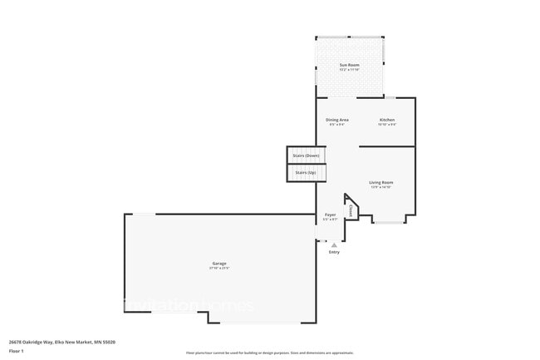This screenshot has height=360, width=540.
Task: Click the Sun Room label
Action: (x=350, y=65)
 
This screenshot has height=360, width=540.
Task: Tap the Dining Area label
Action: (x=337, y=120)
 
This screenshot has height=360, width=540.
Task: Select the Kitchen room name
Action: (x=387, y=120)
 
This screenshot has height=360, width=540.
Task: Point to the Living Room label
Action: (x=381, y=182)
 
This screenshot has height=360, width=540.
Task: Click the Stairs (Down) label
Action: (x=306, y=155)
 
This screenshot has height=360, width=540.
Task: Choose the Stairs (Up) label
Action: (x=306, y=172)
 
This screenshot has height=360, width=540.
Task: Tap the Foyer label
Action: (x=331, y=215)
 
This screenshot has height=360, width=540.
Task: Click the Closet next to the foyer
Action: (x=351, y=211)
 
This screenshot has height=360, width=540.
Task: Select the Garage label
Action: (x=219, y=264)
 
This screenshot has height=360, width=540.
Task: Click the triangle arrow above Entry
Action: (x=334, y=245)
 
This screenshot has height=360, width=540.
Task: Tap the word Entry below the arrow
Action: (x=334, y=252)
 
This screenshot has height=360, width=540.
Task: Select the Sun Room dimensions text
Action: (x=350, y=70)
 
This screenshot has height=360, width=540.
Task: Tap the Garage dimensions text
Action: (x=219, y=269)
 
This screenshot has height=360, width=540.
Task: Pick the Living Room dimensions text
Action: (x=381, y=187)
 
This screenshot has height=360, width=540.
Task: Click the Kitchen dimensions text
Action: (x=387, y=125)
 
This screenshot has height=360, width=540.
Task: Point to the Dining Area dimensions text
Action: (x=337, y=125)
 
